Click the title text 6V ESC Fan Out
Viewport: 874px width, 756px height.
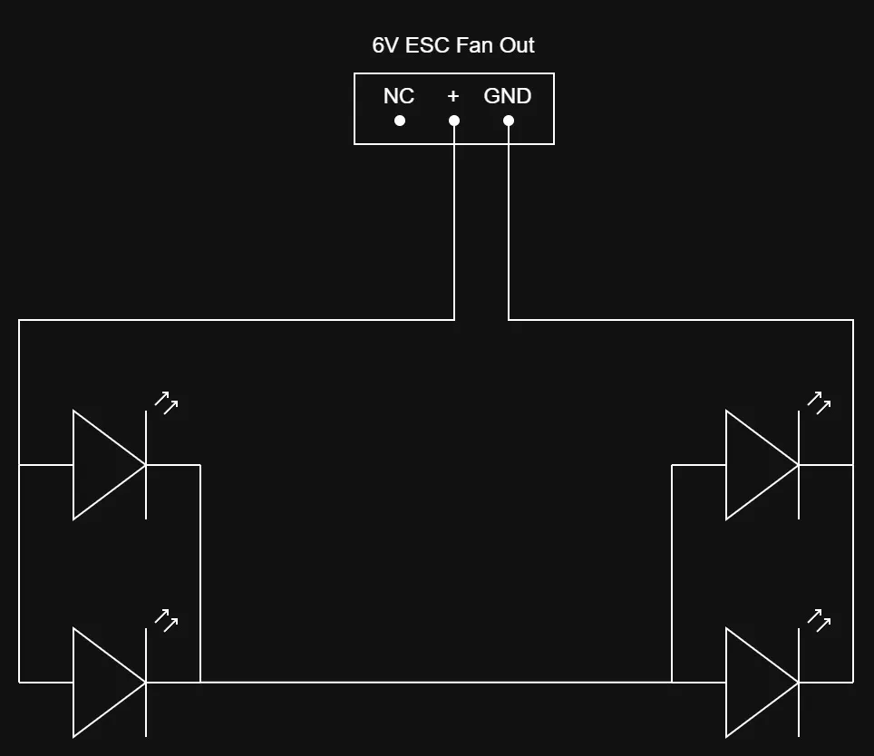[453, 45]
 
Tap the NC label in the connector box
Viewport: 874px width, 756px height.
[399, 96]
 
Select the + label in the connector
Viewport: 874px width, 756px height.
[453, 96]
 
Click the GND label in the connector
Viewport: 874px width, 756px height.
[507, 96]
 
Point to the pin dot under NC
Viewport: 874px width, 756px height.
[400, 121]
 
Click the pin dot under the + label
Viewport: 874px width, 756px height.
[454, 121]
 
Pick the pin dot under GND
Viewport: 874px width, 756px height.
[509, 121]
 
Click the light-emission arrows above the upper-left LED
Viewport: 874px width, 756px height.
[166, 402]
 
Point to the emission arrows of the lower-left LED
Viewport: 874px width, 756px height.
[166, 620]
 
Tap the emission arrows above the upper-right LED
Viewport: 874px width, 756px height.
[819, 402]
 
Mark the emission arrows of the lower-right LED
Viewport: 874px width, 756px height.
[819, 620]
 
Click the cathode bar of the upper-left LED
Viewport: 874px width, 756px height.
[146, 465]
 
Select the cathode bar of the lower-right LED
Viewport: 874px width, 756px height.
[799, 682]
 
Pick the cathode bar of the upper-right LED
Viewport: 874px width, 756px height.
[799, 465]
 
